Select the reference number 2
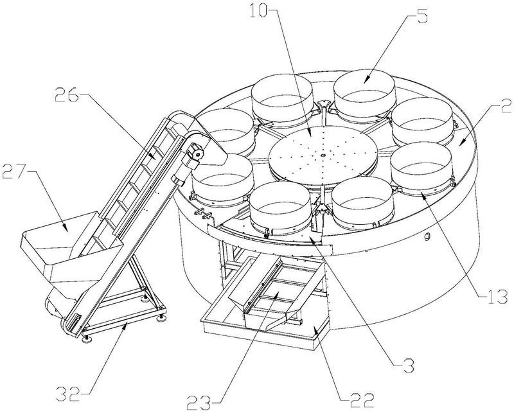505,107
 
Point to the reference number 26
67,95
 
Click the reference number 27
14,171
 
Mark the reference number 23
199,401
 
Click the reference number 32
68,394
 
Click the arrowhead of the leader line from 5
366,80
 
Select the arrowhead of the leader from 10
311,134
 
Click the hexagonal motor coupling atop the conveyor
195,154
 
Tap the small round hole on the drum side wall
427,236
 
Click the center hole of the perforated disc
323,155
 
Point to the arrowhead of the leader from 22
315,331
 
